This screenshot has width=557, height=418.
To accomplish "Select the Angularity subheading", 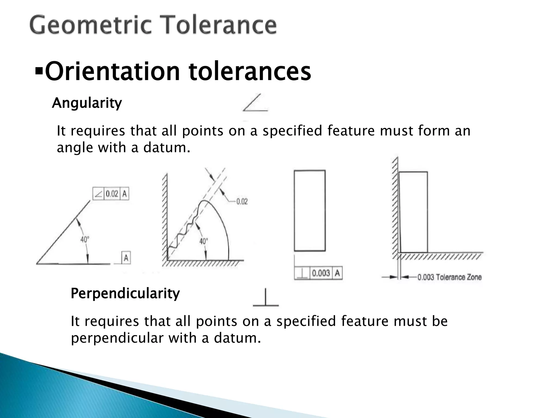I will [87, 103].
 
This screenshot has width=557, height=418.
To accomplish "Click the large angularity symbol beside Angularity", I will [255, 103].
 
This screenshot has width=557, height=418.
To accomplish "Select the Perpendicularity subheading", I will [125, 294].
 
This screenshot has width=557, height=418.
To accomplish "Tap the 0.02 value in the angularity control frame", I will [112, 194].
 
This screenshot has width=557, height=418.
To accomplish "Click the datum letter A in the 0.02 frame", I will [124, 194].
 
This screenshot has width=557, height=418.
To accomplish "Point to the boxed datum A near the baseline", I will [126, 258].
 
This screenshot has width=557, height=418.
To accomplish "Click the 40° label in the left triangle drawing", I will [85, 239].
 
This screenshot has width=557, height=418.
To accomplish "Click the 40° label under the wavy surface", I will [203, 241].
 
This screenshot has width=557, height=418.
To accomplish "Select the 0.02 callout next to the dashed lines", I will [242, 202].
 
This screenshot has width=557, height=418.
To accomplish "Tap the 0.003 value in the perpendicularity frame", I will [321, 273].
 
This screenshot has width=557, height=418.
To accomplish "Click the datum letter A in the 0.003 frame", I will [337, 273].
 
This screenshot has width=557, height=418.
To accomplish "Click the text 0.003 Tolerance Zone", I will [449, 277].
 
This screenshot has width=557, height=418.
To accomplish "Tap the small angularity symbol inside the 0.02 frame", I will [98, 194].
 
